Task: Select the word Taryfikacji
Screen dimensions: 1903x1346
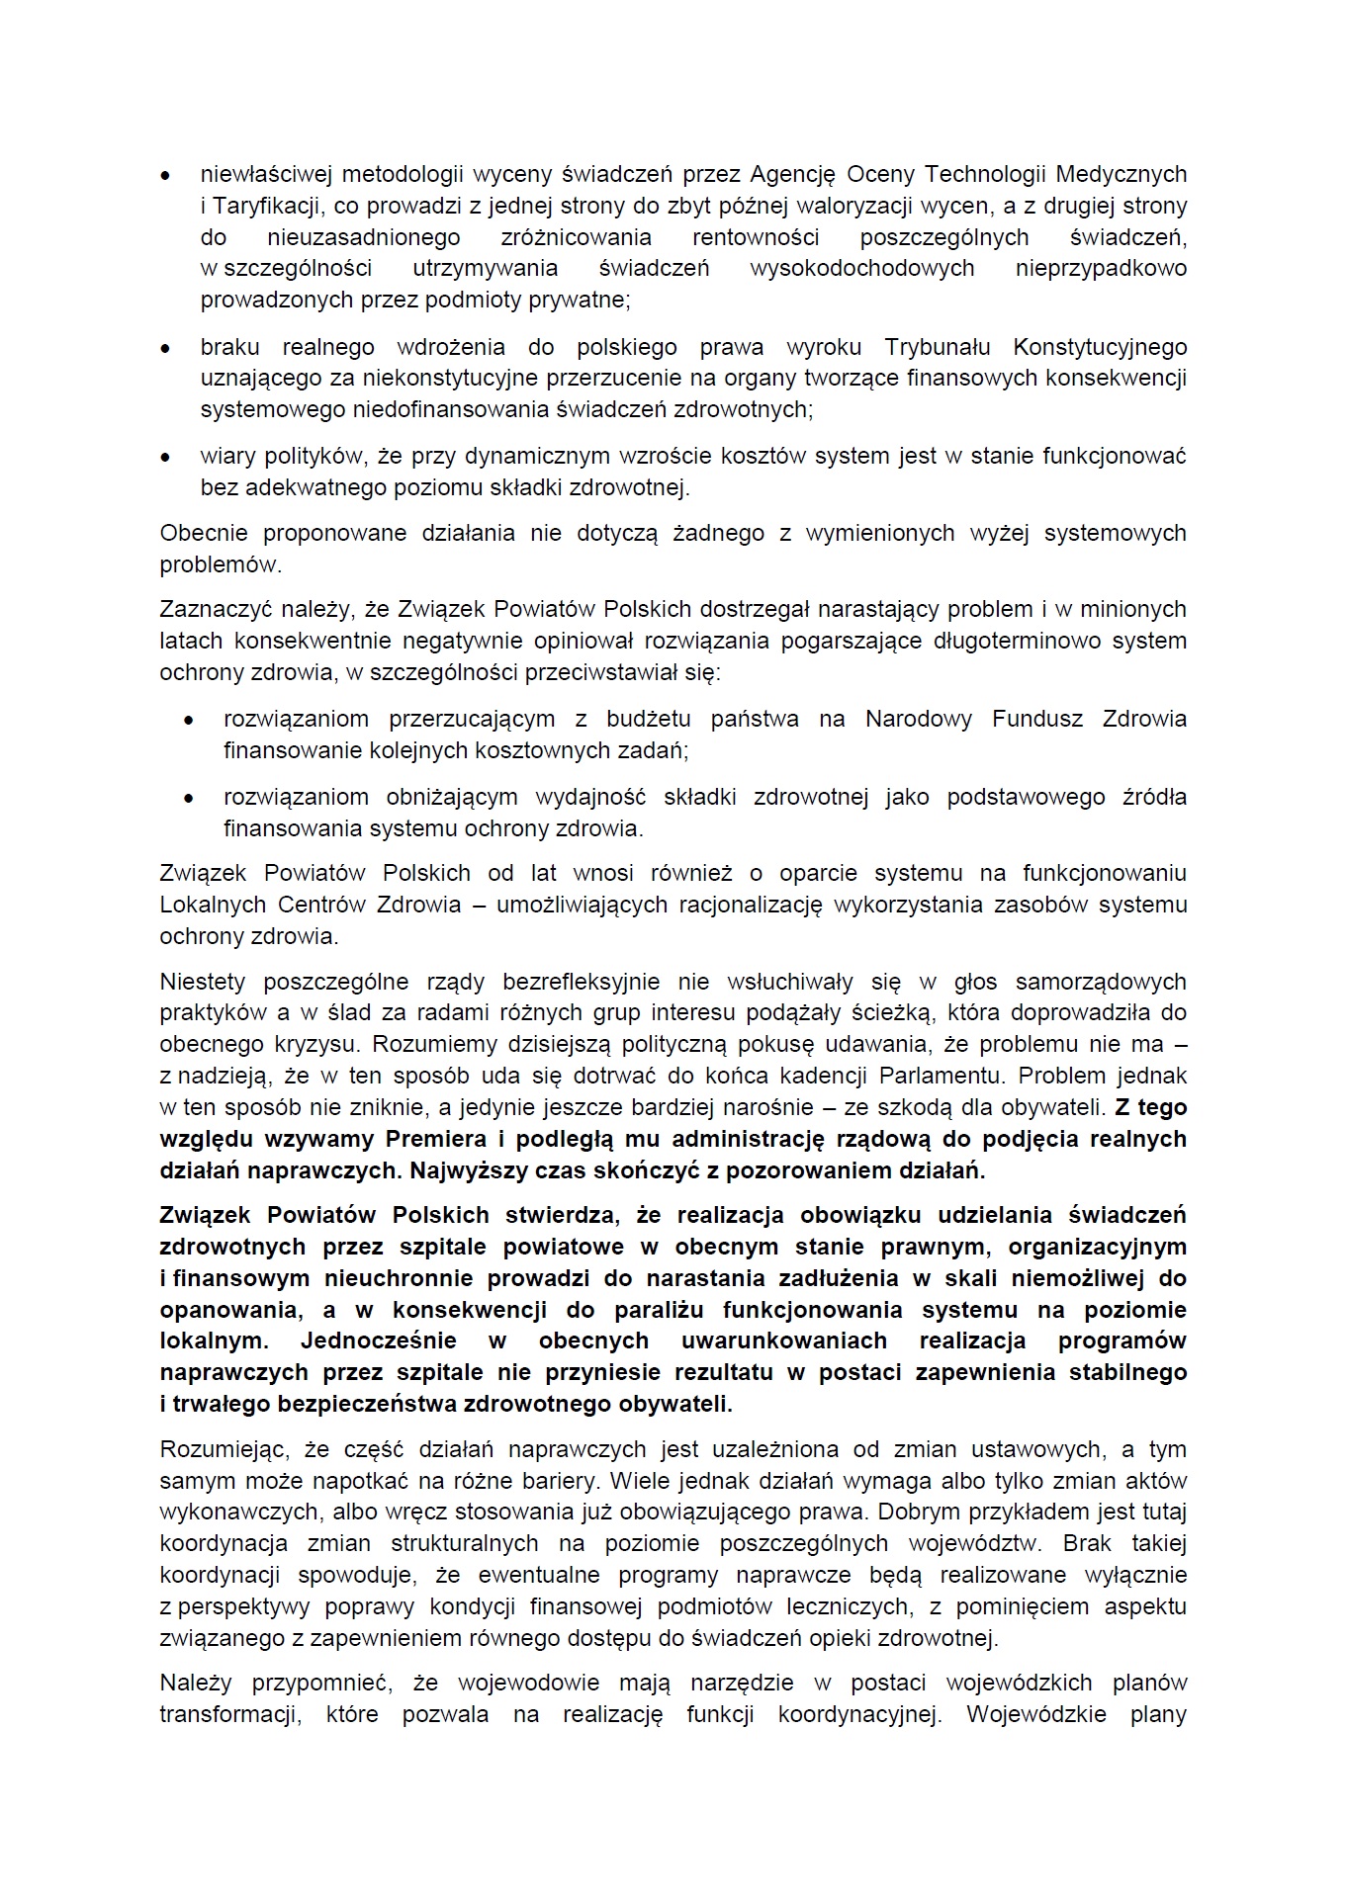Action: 265,207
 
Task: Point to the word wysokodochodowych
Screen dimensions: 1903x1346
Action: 861,269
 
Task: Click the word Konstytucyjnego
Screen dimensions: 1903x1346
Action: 1100,347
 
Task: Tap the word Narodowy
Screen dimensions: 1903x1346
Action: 919,720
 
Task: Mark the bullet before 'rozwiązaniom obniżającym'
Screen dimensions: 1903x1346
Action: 190,799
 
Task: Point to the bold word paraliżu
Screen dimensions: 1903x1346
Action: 655,1311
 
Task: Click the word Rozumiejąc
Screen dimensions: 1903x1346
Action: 222,1450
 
